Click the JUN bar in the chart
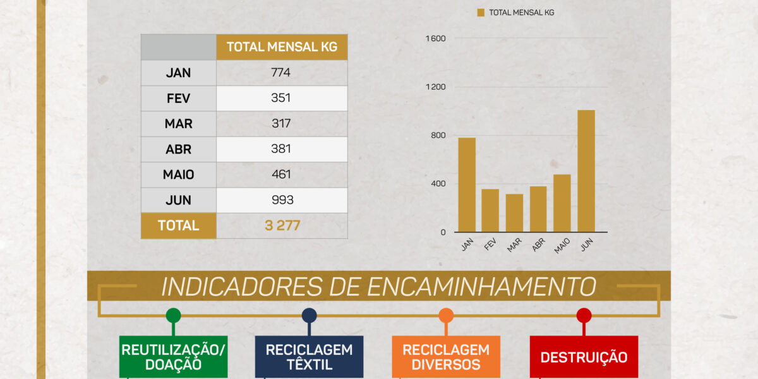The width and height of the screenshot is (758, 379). [x=586, y=171]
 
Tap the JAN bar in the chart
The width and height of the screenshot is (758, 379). [x=467, y=184]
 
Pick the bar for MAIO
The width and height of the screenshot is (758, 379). [x=562, y=203]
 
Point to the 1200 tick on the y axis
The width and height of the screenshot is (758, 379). [x=436, y=87]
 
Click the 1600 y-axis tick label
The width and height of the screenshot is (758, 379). [x=436, y=39]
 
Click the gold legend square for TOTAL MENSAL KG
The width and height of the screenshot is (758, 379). [x=481, y=13]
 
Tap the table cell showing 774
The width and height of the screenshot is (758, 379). [x=281, y=73]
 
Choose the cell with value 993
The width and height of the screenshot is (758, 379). [x=281, y=200]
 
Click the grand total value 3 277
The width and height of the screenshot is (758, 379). [x=282, y=226]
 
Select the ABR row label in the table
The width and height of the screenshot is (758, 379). [x=178, y=150]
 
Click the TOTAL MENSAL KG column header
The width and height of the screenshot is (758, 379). [x=282, y=47]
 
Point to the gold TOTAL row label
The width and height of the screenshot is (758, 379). [x=178, y=226]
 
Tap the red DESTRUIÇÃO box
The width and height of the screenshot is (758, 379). [x=584, y=357]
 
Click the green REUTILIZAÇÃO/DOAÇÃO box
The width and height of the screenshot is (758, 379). [x=173, y=357]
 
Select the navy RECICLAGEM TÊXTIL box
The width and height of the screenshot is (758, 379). [x=309, y=357]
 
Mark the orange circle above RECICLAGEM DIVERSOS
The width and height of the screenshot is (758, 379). [x=446, y=316]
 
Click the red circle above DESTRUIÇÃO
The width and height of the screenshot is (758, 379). [x=584, y=316]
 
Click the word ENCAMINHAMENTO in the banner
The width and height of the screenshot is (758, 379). [x=481, y=287]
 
